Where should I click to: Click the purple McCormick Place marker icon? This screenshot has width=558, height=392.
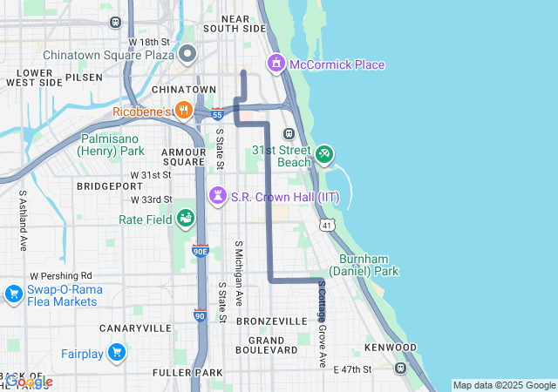point(276,64)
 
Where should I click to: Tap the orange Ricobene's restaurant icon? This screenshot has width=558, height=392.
point(183,110)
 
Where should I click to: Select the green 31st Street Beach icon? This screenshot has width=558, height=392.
point(324,154)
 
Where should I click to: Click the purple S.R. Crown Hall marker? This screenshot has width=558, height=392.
point(218,196)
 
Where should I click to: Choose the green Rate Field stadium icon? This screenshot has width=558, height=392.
point(185,218)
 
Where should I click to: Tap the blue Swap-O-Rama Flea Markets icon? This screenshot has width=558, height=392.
point(13,294)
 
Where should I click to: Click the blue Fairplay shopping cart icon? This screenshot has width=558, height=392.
point(117,352)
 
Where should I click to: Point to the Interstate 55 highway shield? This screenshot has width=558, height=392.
point(217,113)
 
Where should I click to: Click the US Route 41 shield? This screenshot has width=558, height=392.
point(326,226)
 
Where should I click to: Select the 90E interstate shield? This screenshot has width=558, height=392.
point(200,251)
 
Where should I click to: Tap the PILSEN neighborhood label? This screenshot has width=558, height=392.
point(84,77)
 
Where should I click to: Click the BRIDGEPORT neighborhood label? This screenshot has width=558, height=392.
point(103,186)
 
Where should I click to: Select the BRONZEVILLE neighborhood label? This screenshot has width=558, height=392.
point(272,321)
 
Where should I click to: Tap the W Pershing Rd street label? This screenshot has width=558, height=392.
point(60,275)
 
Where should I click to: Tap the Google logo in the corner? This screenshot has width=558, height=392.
point(28,382)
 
